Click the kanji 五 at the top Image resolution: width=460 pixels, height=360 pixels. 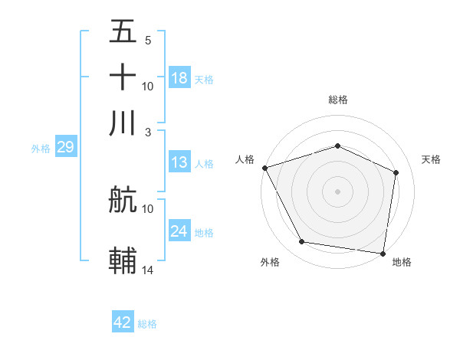(123, 32)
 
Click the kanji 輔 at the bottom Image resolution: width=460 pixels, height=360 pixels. (123, 260)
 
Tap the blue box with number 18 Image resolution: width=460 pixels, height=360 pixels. (179, 78)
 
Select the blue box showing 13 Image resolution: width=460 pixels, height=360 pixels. (179, 162)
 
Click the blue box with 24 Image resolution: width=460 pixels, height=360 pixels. (179, 231)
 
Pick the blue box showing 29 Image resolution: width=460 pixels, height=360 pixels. (65, 148)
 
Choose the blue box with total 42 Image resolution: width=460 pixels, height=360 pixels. (123, 322)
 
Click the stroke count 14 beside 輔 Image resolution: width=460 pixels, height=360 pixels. (148, 270)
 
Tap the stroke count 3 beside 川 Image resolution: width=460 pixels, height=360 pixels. (147, 132)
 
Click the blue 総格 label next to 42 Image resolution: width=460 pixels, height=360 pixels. (147, 324)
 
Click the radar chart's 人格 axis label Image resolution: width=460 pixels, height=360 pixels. (245, 159)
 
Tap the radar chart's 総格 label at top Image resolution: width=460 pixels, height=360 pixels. (337, 100)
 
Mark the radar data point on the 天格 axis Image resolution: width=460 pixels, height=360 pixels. (396, 172)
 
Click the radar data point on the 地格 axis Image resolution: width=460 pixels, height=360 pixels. (383, 253)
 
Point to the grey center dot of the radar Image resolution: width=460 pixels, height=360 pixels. (337, 191)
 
